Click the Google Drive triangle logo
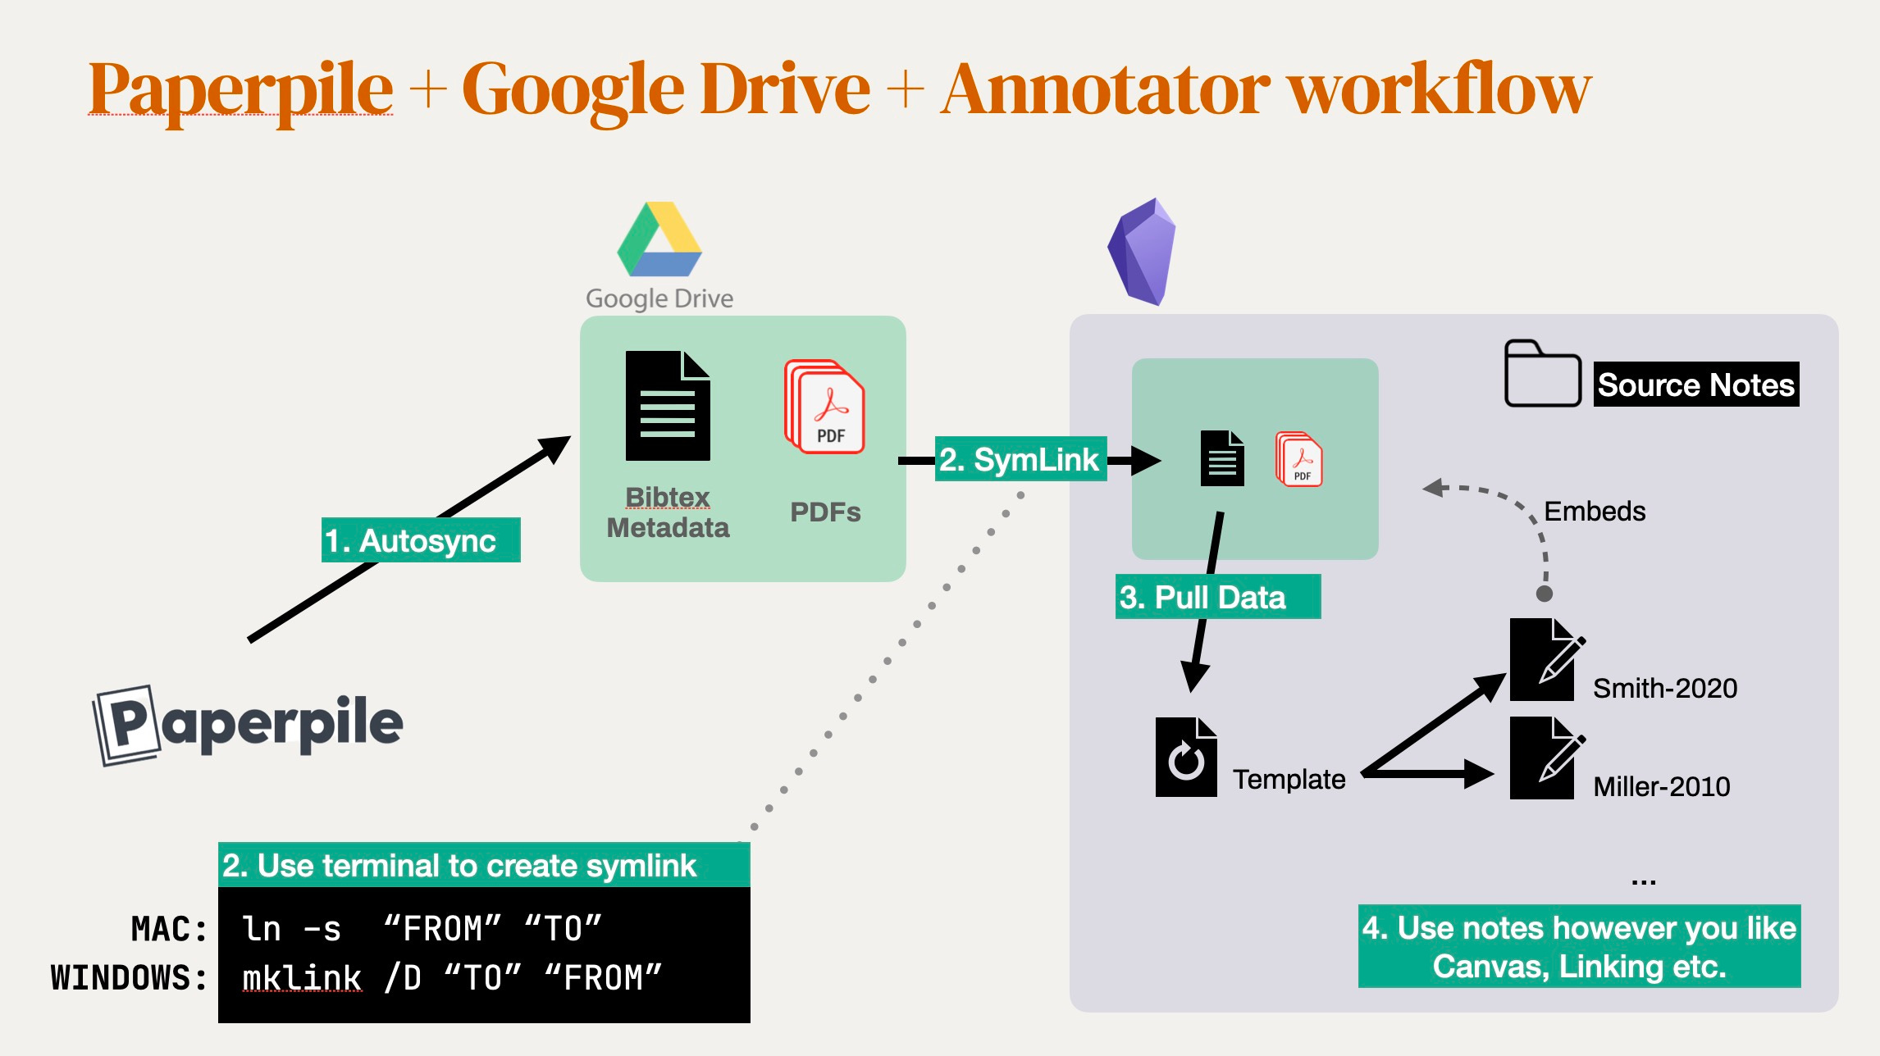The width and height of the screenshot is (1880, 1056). pyautogui.click(x=659, y=239)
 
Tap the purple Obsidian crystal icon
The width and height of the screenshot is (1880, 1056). pyautogui.click(x=1142, y=252)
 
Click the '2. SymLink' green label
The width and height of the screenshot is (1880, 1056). pyautogui.click(x=1020, y=459)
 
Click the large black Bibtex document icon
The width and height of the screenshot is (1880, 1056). pyautogui.click(x=667, y=406)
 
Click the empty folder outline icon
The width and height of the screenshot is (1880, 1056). pyautogui.click(x=1542, y=375)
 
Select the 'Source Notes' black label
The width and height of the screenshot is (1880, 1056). pyautogui.click(x=1695, y=385)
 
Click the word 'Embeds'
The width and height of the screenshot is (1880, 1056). pyautogui.click(x=1594, y=511)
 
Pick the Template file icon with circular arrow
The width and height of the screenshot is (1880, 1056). pyautogui.click(x=1186, y=758)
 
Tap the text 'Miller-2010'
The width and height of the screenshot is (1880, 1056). pyautogui.click(x=1661, y=786)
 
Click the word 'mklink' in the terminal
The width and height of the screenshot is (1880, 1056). pyautogui.click(x=302, y=978)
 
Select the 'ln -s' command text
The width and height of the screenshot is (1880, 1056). pyautogui.click(x=291, y=929)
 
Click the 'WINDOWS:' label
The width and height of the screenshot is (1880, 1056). pyautogui.click(x=130, y=978)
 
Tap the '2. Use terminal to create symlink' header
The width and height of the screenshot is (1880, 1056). pyautogui.click(x=459, y=866)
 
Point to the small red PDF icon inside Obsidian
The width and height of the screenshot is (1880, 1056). pyautogui.click(x=1299, y=459)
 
